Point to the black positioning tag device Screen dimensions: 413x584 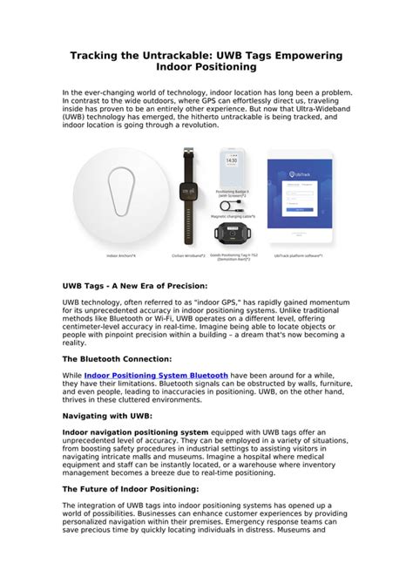click(231, 233)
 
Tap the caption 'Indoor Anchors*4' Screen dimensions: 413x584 click(121, 255)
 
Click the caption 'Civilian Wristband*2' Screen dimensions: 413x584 click(187, 255)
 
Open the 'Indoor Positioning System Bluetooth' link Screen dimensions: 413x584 click(156, 375)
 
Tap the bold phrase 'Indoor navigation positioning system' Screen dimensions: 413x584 click(135, 432)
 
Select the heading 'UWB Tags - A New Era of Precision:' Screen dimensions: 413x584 click(135, 285)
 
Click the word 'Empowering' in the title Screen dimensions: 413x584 click(301, 55)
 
